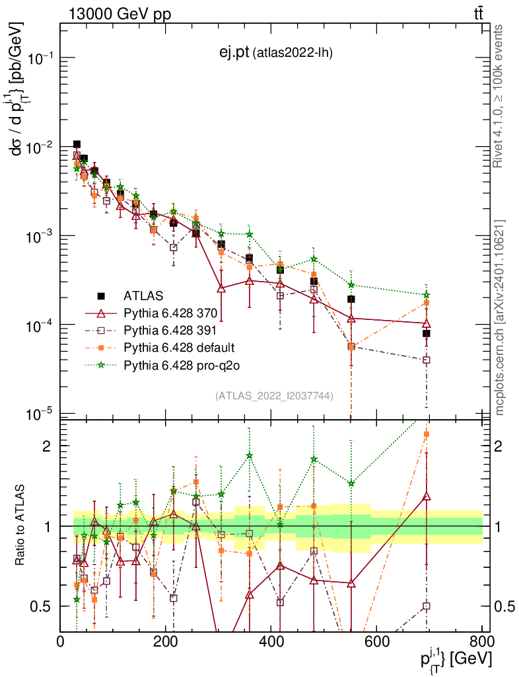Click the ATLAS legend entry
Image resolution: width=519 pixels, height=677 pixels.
pos(143,296)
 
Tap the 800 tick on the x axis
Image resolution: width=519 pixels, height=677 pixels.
pos(480,641)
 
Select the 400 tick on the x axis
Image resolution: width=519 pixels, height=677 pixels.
pos(270,641)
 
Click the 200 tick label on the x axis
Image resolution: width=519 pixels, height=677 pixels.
pos(165,641)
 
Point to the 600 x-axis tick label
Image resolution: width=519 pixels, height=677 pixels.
pos(375,641)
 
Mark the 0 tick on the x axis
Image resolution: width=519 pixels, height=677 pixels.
pos(61,641)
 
